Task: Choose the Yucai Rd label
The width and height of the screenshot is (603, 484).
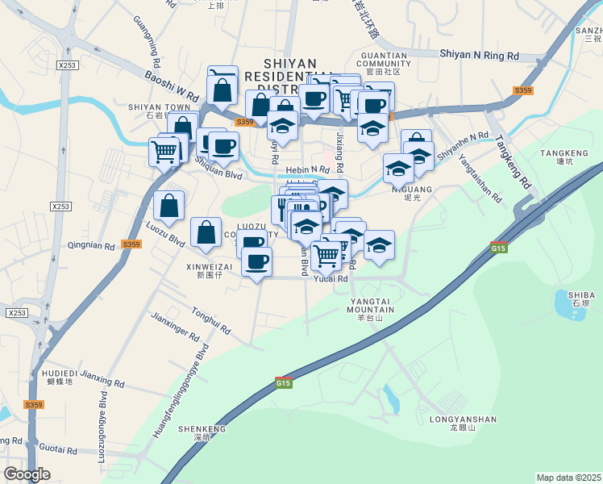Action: coord(331,278)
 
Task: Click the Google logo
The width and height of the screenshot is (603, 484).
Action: coord(27,474)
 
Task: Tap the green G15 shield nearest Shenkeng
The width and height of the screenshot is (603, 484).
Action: coord(282,382)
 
